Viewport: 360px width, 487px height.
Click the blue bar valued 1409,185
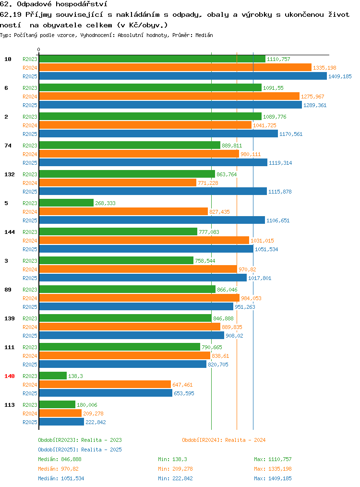point(183,76)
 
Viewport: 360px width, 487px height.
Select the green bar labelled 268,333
point(66,203)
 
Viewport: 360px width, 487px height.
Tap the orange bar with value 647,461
point(105,385)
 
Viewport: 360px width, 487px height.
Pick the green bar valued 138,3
point(53,376)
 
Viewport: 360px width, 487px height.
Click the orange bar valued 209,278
point(60,414)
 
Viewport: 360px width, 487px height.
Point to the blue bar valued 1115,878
point(153,191)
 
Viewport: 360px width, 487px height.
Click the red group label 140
point(9,376)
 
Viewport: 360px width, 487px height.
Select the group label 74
point(8,146)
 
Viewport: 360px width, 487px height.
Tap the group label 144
point(9,232)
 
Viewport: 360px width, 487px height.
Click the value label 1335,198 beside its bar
point(324,68)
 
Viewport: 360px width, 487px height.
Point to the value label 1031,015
point(262,241)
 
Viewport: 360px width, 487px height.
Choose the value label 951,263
point(245,307)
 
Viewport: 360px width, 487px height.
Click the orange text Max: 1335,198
point(273,469)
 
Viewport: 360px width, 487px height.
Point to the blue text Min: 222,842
point(175,478)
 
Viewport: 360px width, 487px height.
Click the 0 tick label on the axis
point(38,49)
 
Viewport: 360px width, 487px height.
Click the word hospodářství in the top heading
point(81,4)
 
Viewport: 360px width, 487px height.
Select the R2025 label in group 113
point(30,422)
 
